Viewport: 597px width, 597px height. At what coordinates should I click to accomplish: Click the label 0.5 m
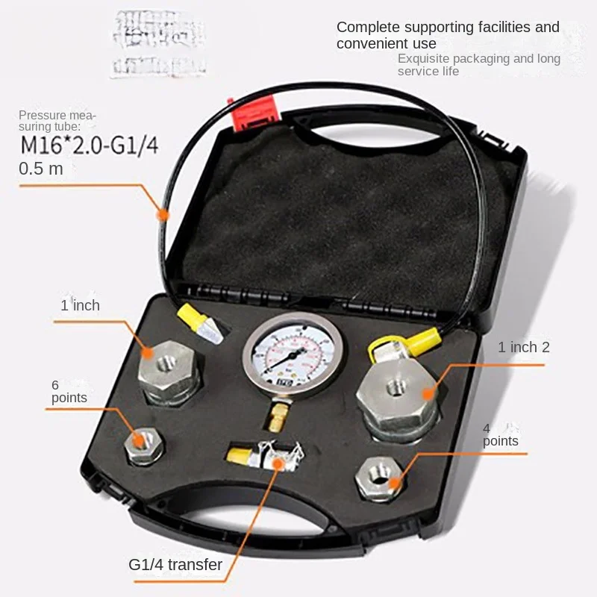tap(40, 169)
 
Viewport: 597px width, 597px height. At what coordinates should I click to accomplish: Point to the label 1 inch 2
tap(524, 347)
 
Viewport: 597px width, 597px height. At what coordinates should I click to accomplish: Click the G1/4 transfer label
tap(176, 564)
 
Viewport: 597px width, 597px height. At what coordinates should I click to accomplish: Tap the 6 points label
tap(69, 391)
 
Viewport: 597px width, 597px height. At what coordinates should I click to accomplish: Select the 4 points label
tap(500, 434)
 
